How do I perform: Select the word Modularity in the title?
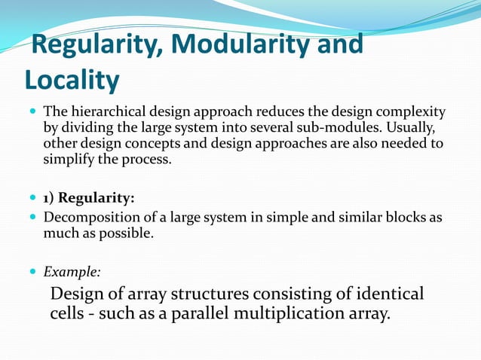241,44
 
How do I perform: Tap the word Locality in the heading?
72,79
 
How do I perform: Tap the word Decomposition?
86,218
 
